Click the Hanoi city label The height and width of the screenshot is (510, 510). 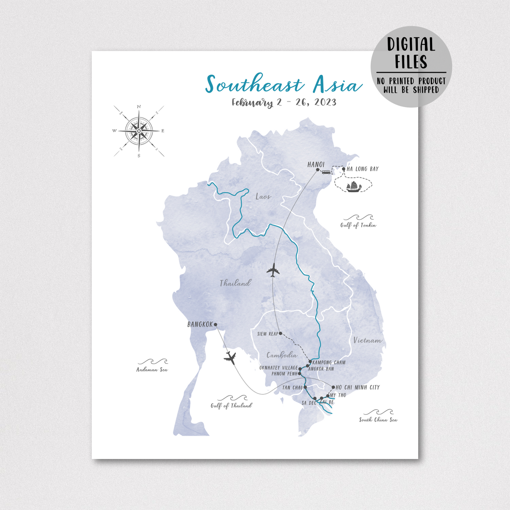(x=316, y=164)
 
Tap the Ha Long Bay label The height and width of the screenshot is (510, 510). (x=362, y=169)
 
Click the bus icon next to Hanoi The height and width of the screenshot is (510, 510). (x=326, y=172)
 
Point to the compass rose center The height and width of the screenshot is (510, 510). (x=139, y=131)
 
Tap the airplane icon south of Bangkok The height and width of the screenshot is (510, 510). (x=230, y=358)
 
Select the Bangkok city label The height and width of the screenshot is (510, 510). (x=200, y=324)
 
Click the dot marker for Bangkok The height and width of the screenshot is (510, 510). (x=215, y=325)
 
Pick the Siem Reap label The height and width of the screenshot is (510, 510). (x=267, y=334)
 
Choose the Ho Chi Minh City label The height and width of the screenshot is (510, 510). (x=357, y=387)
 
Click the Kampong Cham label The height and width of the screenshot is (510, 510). (x=329, y=363)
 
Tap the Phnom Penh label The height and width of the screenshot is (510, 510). (x=284, y=374)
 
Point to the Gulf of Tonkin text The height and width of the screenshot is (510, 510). (x=358, y=225)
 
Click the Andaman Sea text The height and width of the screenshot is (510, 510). (x=152, y=369)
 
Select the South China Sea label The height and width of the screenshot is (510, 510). (x=378, y=419)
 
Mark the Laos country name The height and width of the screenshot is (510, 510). (x=263, y=196)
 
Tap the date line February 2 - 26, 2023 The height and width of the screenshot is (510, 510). (x=284, y=102)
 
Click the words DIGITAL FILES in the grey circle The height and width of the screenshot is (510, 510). (x=411, y=53)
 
